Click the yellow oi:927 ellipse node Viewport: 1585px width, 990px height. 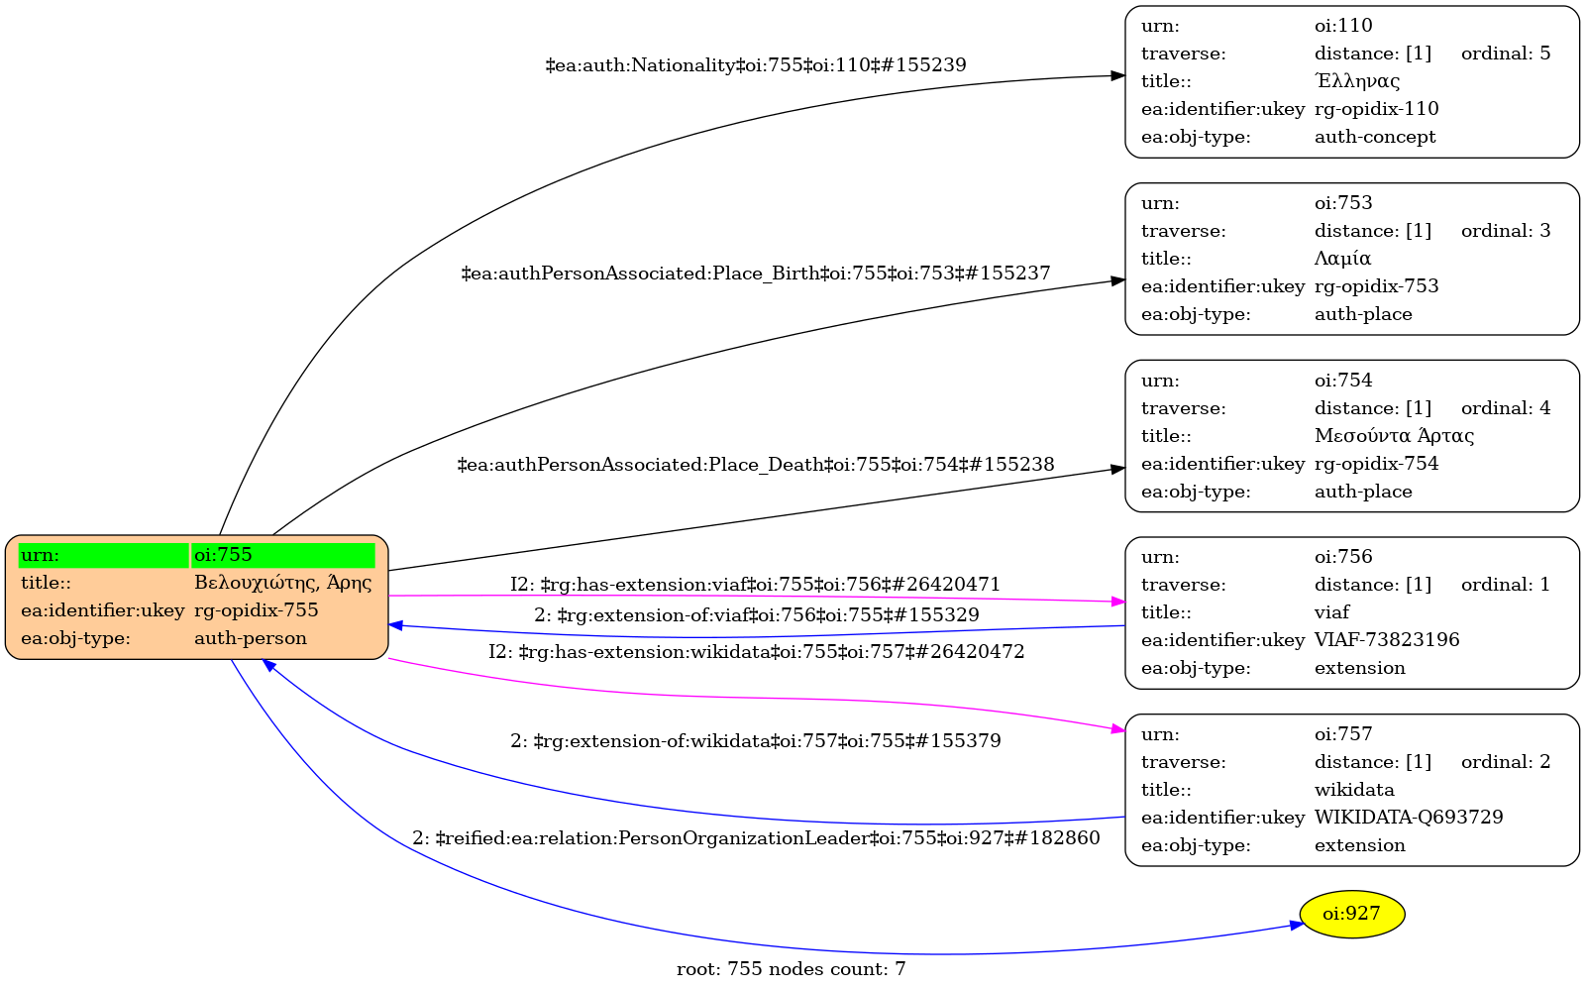click(1351, 914)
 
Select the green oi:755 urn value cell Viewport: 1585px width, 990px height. click(283, 555)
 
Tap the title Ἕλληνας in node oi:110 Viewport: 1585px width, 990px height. click(1356, 81)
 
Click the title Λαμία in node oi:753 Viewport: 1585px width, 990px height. click(1342, 259)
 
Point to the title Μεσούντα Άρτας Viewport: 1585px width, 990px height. click(1394, 436)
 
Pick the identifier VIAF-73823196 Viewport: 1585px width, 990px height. click(1387, 640)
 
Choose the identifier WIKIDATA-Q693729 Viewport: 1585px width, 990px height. click(1409, 818)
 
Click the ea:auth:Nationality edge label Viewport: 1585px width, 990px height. click(756, 65)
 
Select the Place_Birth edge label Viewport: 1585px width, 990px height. click(756, 274)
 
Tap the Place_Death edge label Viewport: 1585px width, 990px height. click(756, 465)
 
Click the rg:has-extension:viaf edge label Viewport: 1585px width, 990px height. click(756, 585)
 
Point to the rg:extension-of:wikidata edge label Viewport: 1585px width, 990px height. click(756, 741)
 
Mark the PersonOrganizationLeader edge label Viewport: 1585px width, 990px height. click(756, 838)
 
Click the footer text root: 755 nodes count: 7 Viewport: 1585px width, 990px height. click(791, 969)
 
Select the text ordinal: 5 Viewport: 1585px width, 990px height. click(1506, 54)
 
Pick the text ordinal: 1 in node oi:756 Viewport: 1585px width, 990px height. click(1506, 585)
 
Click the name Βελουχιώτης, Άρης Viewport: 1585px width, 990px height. click(283, 583)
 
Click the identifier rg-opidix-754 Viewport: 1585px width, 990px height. click(1376, 464)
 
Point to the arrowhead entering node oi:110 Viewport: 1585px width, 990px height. click(1118, 75)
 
